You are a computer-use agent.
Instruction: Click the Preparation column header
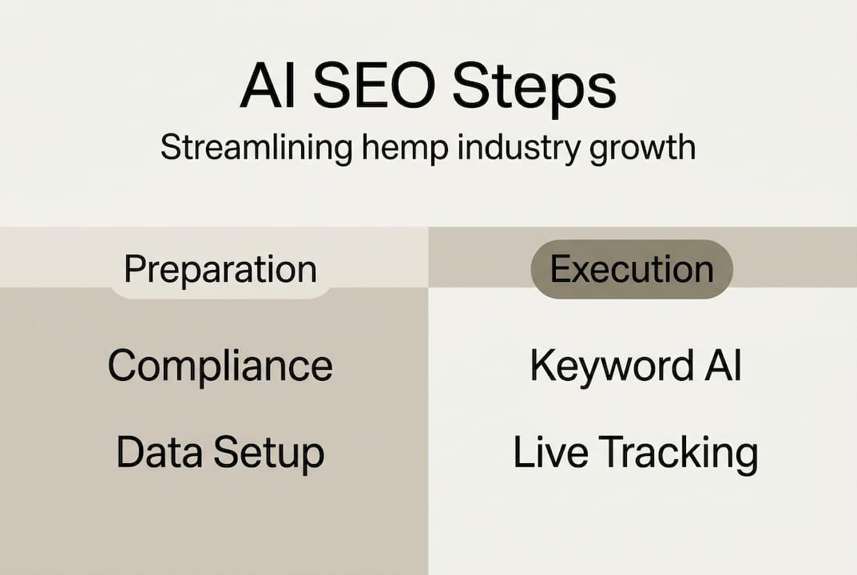(220, 270)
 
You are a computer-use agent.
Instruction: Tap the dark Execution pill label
(632, 270)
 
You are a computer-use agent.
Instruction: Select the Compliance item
(220, 367)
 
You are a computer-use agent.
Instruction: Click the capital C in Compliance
(123, 366)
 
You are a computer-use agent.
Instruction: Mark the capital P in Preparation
(133, 270)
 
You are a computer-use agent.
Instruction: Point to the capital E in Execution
(559, 270)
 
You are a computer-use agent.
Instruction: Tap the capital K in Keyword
(542, 366)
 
